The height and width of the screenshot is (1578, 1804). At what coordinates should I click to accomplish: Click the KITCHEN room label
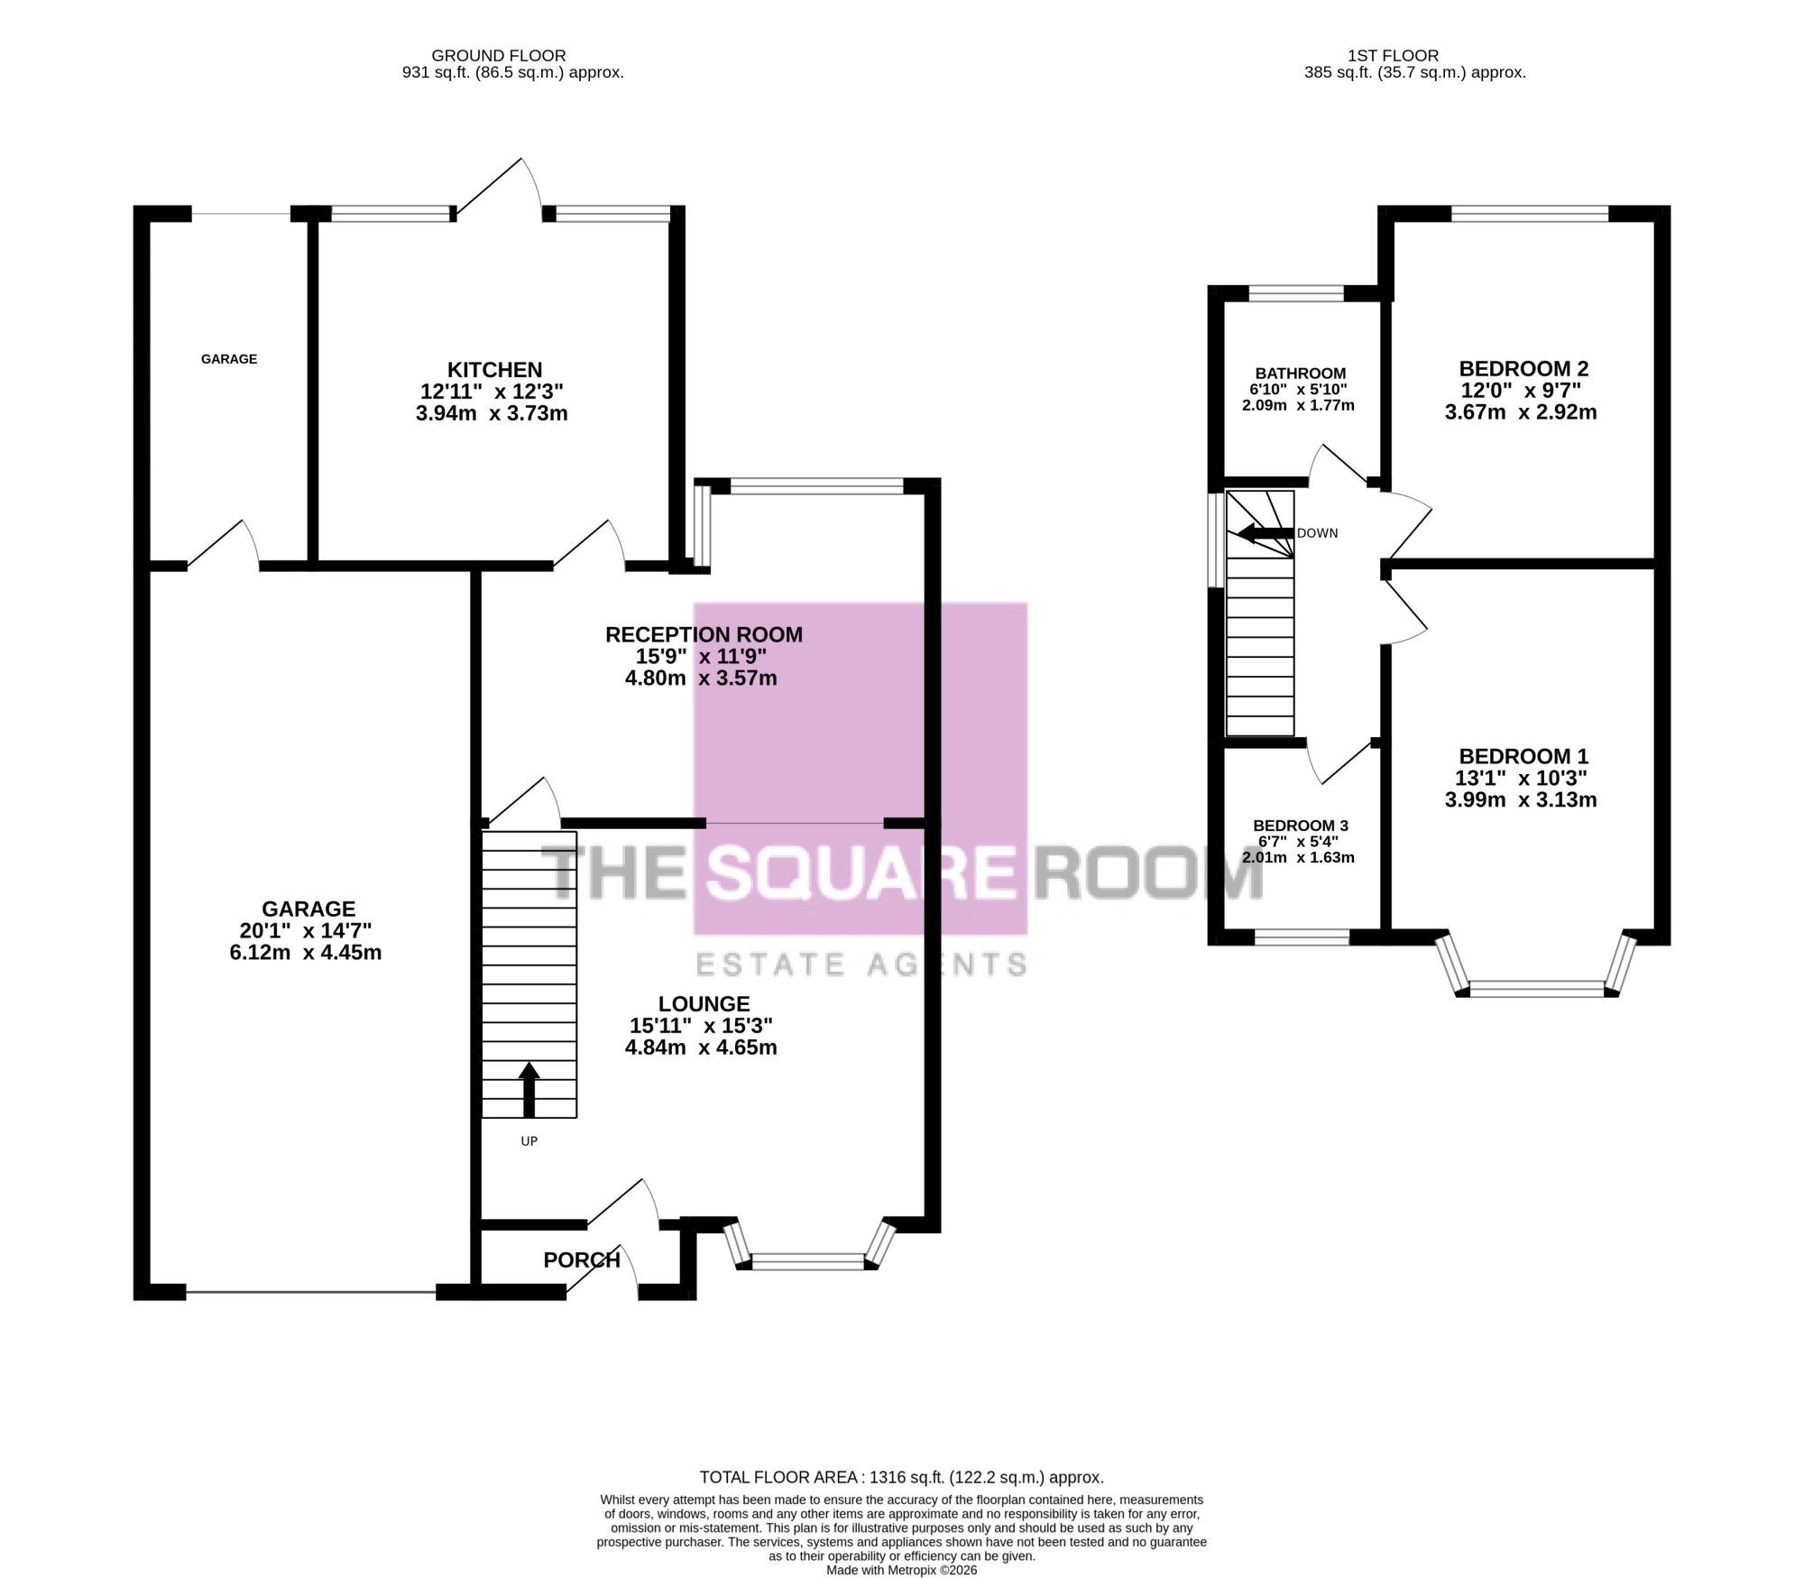[494, 370]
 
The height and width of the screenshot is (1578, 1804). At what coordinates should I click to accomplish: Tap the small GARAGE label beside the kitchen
[229, 359]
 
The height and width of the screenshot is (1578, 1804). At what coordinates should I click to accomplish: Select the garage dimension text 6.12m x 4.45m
[306, 953]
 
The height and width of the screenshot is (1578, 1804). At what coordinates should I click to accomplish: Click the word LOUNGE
[704, 1004]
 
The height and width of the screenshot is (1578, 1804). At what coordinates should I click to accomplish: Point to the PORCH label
[582, 1260]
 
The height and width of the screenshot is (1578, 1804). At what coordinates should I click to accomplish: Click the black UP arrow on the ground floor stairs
[529, 1090]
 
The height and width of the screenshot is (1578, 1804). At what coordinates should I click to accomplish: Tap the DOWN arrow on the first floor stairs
[1266, 533]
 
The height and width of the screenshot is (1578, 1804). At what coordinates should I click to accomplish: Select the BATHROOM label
[1301, 374]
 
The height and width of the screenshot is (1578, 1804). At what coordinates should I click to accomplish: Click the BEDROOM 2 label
[1523, 369]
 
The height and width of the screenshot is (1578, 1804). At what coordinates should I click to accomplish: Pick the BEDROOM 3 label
[1301, 826]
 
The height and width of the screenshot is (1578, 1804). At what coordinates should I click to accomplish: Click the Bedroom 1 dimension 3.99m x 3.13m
[1521, 800]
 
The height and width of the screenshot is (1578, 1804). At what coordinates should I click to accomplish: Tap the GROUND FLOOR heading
[499, 56]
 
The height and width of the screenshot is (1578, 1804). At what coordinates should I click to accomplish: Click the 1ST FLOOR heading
[1394, 56]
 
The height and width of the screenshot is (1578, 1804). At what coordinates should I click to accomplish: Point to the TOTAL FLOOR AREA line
[902, 1478]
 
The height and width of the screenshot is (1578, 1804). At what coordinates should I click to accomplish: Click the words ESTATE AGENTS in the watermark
[861, 964]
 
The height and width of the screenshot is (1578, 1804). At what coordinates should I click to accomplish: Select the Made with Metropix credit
[902, 1569]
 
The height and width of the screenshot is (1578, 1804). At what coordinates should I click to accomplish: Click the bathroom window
[1296, 293]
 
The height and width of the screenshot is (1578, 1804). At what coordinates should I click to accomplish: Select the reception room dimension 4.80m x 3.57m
[701, 678]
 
